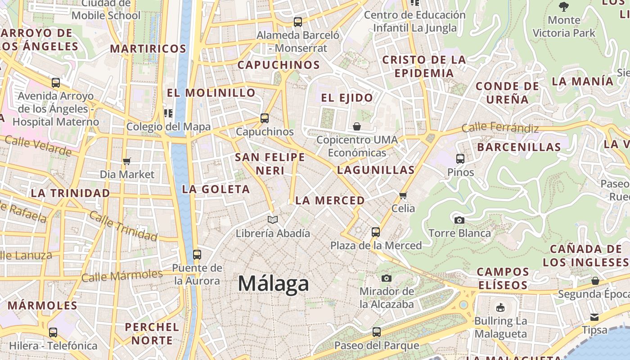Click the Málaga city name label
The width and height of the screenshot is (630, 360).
(x=273, y=283)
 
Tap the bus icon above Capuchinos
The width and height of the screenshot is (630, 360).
(x=265, y=118)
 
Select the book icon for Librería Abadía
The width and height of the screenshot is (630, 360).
(x=272, y=220)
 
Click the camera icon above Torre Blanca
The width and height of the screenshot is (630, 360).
(x=459, y=220)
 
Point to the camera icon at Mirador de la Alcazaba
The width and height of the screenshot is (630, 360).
(x=386, y=278)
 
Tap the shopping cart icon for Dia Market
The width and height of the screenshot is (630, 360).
(x=127, y=161)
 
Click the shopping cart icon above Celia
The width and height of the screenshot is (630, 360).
(x=403, y=195)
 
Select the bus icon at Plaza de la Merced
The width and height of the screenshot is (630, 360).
(x=376, y=232)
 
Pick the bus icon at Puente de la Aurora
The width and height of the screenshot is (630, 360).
(x=197, y=254)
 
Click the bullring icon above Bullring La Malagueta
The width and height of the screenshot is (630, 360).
(x=500, y=308)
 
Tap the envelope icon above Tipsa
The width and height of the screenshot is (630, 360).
(x=594, y=317)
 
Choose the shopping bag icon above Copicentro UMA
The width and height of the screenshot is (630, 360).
(x=357, y=126)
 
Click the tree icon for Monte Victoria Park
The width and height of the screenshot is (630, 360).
(x=563, y=7)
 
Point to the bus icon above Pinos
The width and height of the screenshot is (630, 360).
(x=460, y=158)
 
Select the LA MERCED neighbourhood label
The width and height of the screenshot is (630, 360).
(x=330, y=201)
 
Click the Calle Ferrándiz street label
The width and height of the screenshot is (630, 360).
(x=500, y=128)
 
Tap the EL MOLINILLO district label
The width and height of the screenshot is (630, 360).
(x=211, y=93)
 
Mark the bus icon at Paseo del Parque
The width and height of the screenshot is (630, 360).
(x=377, y=332)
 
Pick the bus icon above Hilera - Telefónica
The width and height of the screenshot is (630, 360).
(x=53, y=333)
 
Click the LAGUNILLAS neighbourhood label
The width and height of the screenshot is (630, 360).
(x=376, y=170)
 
